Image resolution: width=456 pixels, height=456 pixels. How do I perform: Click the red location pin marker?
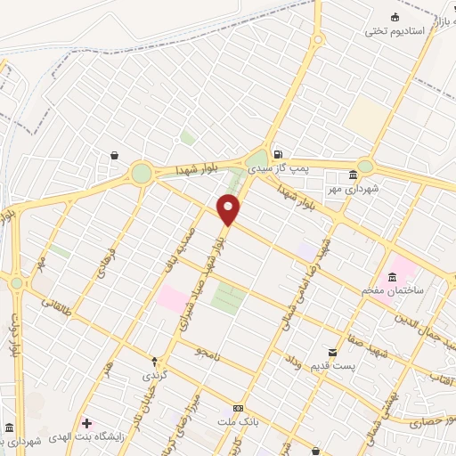[x=229, y=210]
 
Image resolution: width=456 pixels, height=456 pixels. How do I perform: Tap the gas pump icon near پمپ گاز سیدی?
[x=278, y=153]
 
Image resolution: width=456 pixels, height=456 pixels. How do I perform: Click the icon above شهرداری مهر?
[x=354, y=174]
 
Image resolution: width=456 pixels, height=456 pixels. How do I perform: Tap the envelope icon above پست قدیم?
[x=333, y=353]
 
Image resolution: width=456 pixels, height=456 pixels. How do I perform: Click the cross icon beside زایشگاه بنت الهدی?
[x=86, y=422]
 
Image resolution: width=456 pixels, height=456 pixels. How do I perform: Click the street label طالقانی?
[x=57, y=309]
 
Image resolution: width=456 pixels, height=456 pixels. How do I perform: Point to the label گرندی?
[x=155, y=376]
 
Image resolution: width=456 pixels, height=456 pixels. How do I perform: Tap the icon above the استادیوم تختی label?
[x=395, y=17]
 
